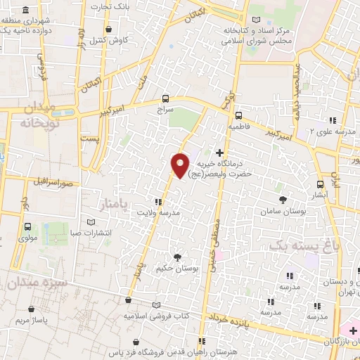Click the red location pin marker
(180, 165)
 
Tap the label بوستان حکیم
(175, 269)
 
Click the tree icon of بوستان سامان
(283, 200)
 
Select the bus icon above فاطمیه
(238, 116)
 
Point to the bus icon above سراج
(165, 99)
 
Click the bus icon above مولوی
(27, 226)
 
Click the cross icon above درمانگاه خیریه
(220, 153)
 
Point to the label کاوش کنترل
(108, 40)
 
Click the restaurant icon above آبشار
(320, 184)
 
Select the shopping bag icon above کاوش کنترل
(108, 29)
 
